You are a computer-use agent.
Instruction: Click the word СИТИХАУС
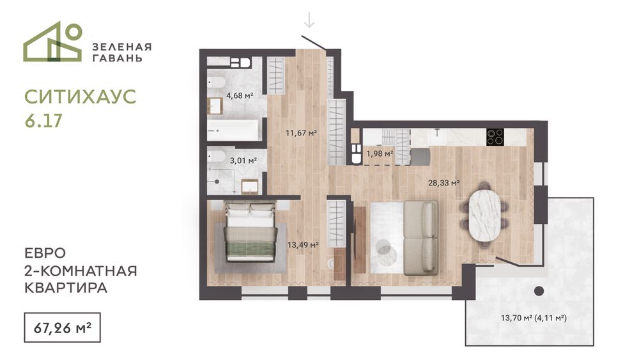(x=81, y=97)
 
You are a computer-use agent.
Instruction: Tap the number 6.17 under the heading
(x=43, y=121)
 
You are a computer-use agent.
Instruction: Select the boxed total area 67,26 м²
(x=63, y=327)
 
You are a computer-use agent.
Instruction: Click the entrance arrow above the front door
(x=309, y=20)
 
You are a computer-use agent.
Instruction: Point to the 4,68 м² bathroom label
(x=240, y=96)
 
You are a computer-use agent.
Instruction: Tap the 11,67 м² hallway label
(x=301, y=132)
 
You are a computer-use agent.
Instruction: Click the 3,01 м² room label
(x=243, y=160)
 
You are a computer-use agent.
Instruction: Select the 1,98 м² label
(x=380, y=153)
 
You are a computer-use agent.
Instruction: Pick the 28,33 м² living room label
(x=444, y=183)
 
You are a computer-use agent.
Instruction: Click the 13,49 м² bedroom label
(x=303, y=245)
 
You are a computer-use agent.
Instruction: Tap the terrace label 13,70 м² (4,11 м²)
(x=534, y=318)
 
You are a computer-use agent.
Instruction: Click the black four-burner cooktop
(x=495, y=137)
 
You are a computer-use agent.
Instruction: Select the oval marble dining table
(x=484, y=215)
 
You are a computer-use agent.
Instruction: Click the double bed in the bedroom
(x=250, y=231)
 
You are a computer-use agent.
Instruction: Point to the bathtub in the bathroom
(x=233, y=130)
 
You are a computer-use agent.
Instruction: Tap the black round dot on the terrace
(x=539, y=291)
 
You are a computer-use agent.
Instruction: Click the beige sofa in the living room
(x=421, y=237)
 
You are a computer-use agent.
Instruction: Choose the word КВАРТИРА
(x=66, y=288)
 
